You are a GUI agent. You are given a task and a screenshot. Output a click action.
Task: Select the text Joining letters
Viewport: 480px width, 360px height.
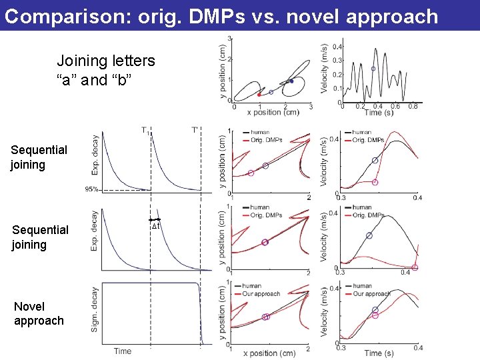click(105, 61)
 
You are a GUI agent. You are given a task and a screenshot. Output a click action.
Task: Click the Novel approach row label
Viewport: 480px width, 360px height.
click(39, 313)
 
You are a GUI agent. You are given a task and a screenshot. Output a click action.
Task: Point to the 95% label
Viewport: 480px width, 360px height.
click(91, 189)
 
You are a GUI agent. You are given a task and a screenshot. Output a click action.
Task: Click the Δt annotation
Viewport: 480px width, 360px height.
click(155, 226)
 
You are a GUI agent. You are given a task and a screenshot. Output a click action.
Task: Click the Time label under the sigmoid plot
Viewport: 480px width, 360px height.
click(122, 351)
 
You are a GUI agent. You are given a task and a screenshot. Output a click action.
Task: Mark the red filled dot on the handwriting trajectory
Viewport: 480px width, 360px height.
click(259, 95)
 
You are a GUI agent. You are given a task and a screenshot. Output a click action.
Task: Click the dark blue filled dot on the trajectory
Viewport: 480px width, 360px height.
click(291, 81)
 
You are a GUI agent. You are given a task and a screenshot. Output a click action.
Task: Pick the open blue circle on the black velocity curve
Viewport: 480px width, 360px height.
click(373, 69)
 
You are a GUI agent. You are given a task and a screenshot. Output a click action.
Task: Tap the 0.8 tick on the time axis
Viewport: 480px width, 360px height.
click(413, 106)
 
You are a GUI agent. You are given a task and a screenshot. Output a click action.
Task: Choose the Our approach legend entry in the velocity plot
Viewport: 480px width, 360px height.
click(371, 294)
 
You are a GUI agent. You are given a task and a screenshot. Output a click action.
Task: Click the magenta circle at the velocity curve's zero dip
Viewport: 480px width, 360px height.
click(415, 267)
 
